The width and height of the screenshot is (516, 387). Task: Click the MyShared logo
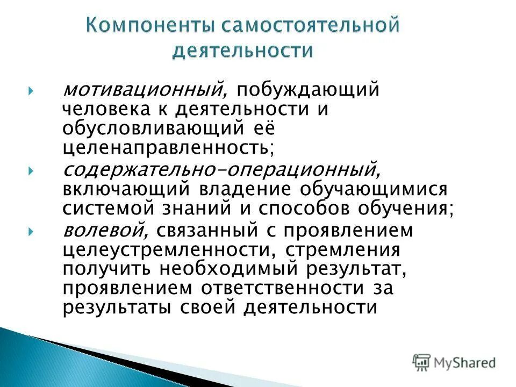[454, 362]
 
